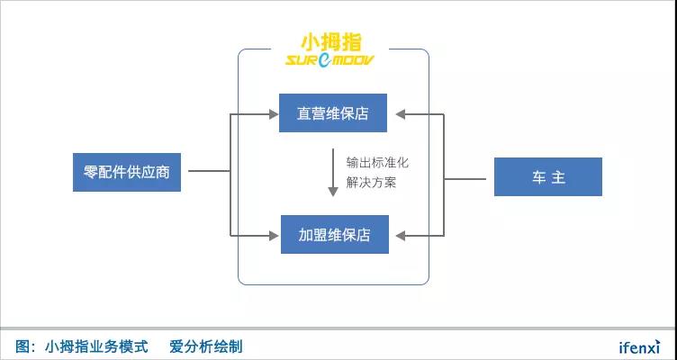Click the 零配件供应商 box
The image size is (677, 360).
tap(127, 172)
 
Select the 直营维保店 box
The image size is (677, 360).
tap(333, 113)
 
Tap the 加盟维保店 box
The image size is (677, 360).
tap(333, 235)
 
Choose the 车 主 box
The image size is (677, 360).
tap(547, 177)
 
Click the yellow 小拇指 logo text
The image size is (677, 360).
tap(332, 42)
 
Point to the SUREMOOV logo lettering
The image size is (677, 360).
tap(332, 60)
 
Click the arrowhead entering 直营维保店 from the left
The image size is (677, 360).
tap(273, 113)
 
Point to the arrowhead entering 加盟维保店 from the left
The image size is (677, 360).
tap(273, 235)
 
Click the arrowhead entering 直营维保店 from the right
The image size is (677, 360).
tap(401, 113)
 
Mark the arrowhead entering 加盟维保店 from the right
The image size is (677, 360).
tap(401, 235)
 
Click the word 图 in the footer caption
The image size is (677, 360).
tap(23, 346)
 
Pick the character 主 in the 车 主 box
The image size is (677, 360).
tap(558, 177)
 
